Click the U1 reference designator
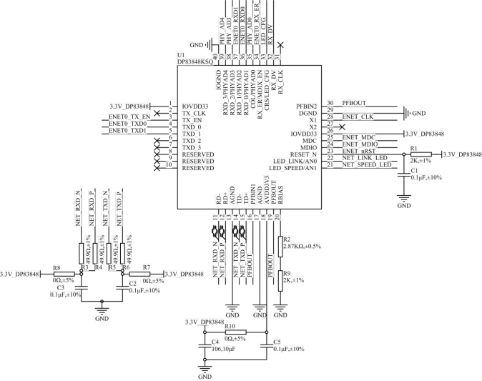tap(181, 54)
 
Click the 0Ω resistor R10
tap(235, 332)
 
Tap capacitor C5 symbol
tap(266, 349)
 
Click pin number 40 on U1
tap(213, 56)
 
